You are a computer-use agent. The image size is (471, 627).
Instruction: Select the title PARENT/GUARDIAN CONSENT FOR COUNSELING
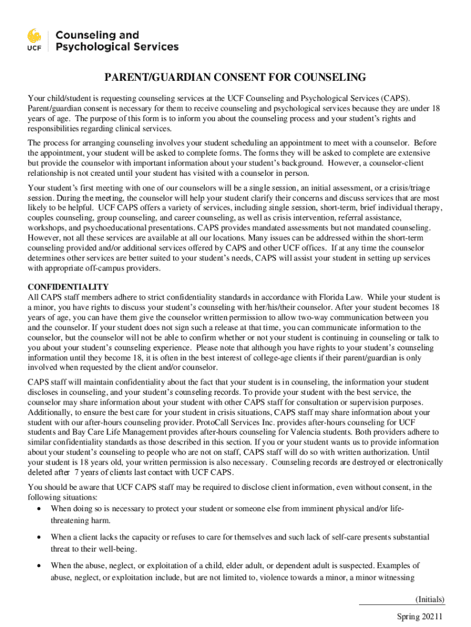pyautogui.click(x=235, y=78)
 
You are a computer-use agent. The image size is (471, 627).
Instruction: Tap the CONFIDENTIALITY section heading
pyautogui.click(x=69, y=287)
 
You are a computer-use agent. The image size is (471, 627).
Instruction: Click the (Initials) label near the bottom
pyautogui.click(x=429, y=599)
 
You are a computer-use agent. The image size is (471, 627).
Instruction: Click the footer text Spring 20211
pyautogui.click(x=420, y=617)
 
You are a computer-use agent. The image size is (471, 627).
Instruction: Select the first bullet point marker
pyautogui.click(x=40, y=509)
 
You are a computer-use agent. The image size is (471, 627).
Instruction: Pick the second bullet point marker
pyautogui.click(x=40, y=537)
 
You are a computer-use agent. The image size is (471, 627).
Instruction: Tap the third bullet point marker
pyautogui.click(x=40, y=565)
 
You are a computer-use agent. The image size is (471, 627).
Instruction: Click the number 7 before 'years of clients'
pyautogui.click(x=76, y=472)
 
